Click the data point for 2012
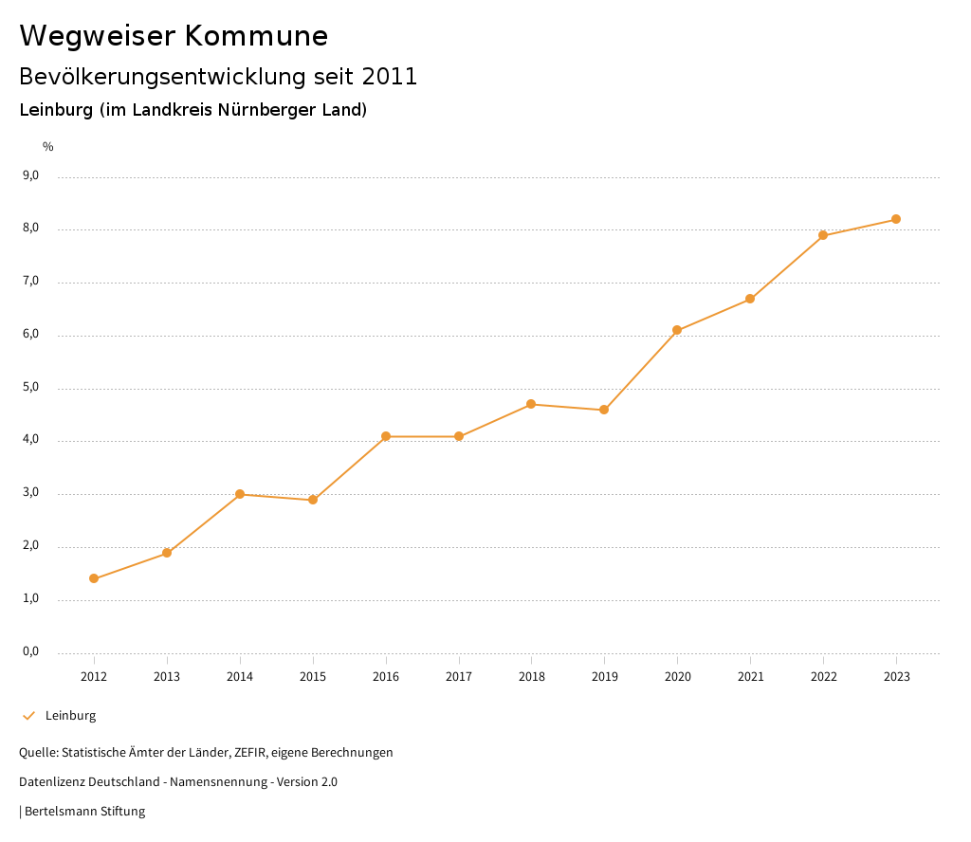94,578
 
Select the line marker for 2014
240,494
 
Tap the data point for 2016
386,436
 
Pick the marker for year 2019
604,410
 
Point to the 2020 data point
677,330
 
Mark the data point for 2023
896,219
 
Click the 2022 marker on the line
823,235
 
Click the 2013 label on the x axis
167,677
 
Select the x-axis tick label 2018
531,677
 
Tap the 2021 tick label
750,677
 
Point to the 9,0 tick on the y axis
31,175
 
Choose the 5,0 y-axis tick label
31,387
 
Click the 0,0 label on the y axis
31,651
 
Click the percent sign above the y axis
48,147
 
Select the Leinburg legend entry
70,716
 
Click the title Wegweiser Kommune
174,36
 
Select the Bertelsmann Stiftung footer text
84,812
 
